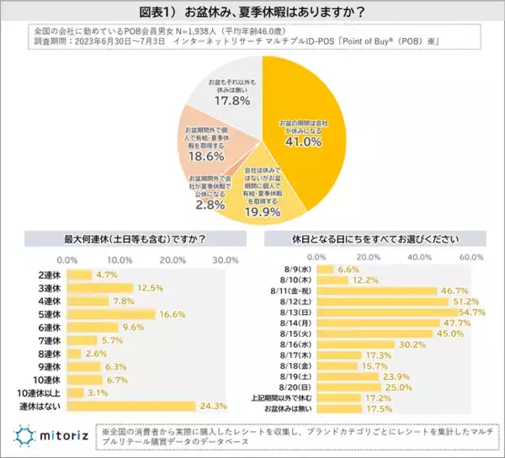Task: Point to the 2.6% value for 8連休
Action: tap(96, 354)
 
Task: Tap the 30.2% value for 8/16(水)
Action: tap(410, 343)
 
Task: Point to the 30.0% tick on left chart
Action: tap(226, 258)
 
